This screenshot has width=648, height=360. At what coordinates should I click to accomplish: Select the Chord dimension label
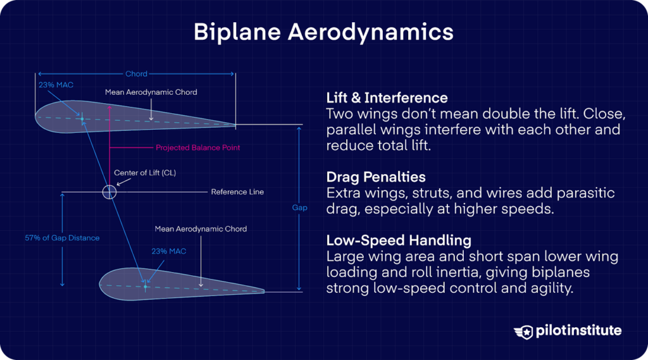[136, 74]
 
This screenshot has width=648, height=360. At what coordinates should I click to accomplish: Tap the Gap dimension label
[300, 208]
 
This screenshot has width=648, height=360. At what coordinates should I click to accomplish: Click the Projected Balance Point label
[197, 147]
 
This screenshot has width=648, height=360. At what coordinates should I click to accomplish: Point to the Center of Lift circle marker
[109, 192]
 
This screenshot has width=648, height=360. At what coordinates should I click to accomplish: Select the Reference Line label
[237, 192]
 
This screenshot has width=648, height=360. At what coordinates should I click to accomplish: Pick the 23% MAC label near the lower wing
[169, 251]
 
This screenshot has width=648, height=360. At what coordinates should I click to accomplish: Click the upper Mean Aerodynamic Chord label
[151, 92]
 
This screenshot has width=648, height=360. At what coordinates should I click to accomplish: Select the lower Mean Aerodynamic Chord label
[201, 228]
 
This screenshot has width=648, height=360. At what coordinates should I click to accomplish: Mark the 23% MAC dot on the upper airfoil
[82, 118]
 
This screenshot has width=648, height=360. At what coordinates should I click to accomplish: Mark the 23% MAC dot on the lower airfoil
[145, 287]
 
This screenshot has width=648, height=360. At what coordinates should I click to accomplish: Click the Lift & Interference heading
[387, 98]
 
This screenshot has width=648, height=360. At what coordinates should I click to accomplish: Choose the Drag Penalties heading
[375, 177]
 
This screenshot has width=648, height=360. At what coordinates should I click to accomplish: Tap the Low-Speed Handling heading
[398, 240]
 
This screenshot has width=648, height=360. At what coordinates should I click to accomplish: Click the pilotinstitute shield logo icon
[523, 331]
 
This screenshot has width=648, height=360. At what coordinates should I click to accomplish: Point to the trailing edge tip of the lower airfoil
[264, 291]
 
